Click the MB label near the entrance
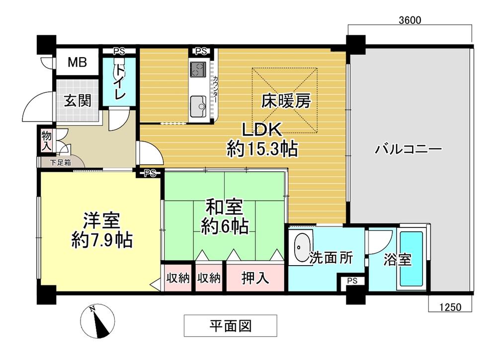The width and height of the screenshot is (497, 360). coord(77,63)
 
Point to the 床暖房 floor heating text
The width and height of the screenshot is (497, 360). coord(286,101)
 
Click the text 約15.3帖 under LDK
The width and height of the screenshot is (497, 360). coord(262,148)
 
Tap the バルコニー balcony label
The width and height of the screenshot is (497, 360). coord(409,148)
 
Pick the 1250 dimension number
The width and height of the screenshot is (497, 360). coord(449,307)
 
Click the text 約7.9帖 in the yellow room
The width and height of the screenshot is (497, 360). coord(101,240)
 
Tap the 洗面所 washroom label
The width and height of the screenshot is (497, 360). coord(331,258)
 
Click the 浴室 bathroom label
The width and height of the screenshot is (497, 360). coord(398,259)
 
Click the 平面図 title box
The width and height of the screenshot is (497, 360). coord(230,326)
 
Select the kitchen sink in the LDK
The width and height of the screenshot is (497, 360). coord(199,105)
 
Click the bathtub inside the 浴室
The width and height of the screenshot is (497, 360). coord(412,260)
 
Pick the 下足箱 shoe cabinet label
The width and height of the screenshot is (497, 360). coord(60,162)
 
